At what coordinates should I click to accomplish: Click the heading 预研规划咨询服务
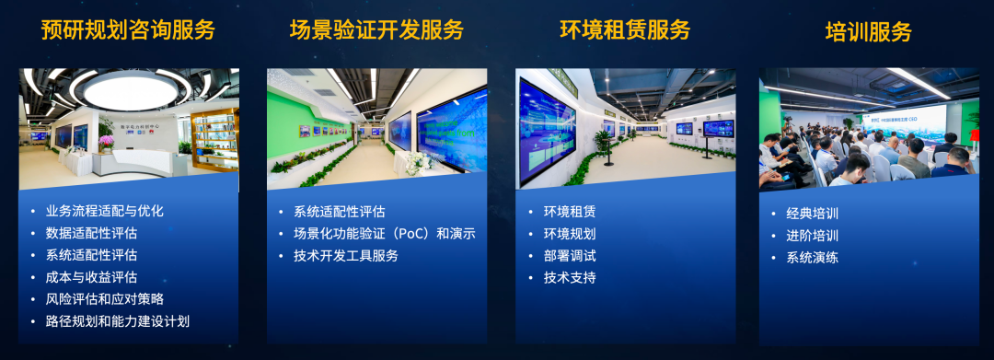coord(128,29)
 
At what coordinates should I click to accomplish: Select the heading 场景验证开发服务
coord(376,29)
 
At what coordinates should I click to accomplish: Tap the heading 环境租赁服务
coord(625,29)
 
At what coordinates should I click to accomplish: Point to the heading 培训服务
coord(868,32)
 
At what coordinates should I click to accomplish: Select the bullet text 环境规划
coord(570,234)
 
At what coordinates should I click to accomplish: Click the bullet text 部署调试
coord(570,256)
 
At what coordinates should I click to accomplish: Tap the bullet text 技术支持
coord(570,277)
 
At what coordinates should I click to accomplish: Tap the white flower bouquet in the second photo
coord(417,161)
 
